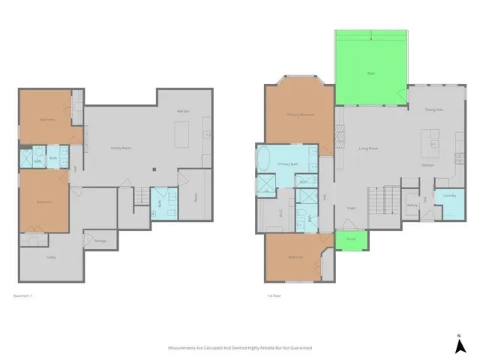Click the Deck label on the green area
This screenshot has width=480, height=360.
point(371,73)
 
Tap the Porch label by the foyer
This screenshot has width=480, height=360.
point(351,239)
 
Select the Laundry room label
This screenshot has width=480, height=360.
point(450,196)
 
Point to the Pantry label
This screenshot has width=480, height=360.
point(412,204)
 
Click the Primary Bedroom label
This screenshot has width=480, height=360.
point(300,115)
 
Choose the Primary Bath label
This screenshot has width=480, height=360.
point(289,163)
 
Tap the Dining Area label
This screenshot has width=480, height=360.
point(434,110)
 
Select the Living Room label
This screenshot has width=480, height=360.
point(367,148)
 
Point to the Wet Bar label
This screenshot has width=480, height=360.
point(181,112)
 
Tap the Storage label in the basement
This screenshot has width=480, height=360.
point(100,241)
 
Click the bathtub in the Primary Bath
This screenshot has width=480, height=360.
point(265,160)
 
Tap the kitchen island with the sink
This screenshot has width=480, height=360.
point(431,140)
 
